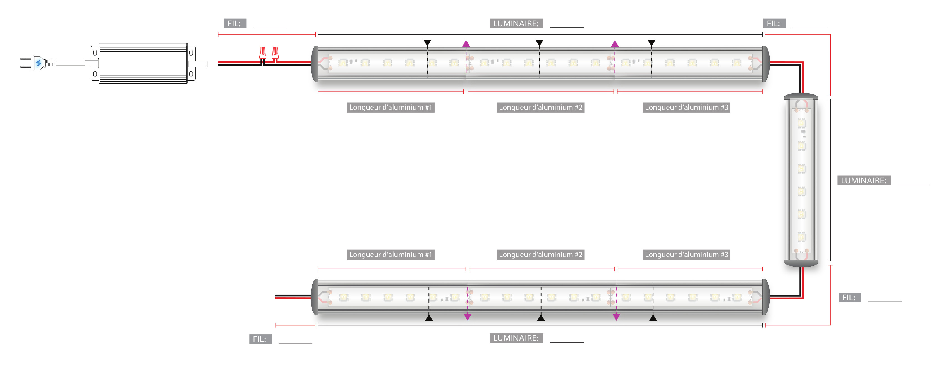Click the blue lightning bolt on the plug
[x=39, y=63]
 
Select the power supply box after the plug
[x=143, y=63]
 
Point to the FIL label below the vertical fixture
[x=849, y=298]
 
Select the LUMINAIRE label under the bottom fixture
[x=516, y=338]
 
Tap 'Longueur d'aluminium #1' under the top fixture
[x=390, y=108]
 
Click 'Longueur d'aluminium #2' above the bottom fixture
[x=540, y=255]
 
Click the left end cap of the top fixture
[x=315, y=63]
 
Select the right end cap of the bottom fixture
[x=766, y=297]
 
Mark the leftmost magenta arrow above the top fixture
[x=466, y=44]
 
